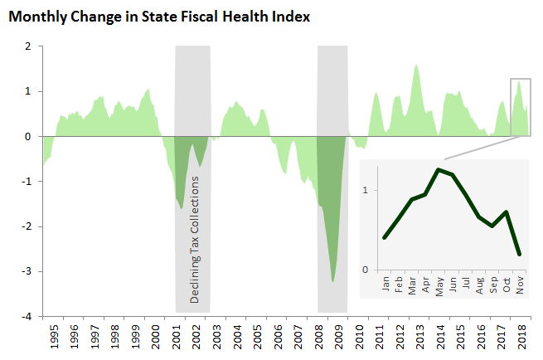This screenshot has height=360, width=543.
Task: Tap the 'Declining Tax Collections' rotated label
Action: click(196, 239)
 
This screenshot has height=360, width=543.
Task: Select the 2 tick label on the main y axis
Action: click(30, 46)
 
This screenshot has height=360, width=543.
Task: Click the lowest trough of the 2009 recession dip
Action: click(333, 281)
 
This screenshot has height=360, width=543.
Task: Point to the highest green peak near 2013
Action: click(416, 65)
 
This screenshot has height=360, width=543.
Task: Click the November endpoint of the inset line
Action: click(519, 254)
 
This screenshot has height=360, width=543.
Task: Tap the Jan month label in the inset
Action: click(385, 285)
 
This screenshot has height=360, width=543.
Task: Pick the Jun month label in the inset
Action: click(453, 285)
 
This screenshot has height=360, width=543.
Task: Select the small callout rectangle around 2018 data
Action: click(520, 106)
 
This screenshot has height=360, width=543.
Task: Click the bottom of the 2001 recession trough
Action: click(182, 207)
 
